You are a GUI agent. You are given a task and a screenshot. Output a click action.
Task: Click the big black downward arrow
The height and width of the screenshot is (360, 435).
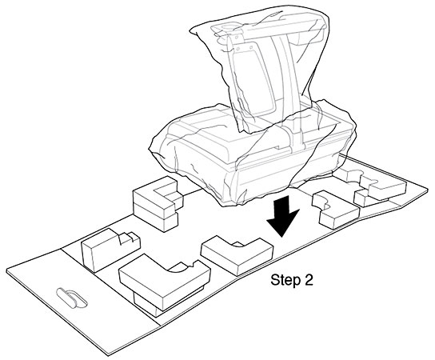[282, 215]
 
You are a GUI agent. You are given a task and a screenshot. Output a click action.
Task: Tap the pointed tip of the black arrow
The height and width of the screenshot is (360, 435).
[281, 237]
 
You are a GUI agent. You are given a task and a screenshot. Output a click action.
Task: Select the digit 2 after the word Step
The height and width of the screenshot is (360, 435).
[309, 280]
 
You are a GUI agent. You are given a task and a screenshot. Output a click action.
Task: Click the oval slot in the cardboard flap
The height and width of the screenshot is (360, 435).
[72, 298]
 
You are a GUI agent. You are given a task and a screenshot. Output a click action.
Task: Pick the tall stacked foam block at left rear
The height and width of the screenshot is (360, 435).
[157, 204]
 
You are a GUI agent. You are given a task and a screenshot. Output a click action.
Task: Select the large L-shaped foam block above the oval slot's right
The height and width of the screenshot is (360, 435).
[164, 280]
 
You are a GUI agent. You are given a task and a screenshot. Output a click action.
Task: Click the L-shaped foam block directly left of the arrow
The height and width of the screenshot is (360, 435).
[237, 254]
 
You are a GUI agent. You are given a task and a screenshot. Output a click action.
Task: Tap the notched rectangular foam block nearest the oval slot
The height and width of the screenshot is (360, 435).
[110, 249]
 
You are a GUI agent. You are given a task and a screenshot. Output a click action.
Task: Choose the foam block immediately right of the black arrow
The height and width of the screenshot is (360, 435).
[334, 210]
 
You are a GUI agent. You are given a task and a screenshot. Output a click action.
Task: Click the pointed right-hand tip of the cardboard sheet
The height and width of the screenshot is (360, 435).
[428, 189]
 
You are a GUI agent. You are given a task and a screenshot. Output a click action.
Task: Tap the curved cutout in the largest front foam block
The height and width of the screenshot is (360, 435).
[181, 267]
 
